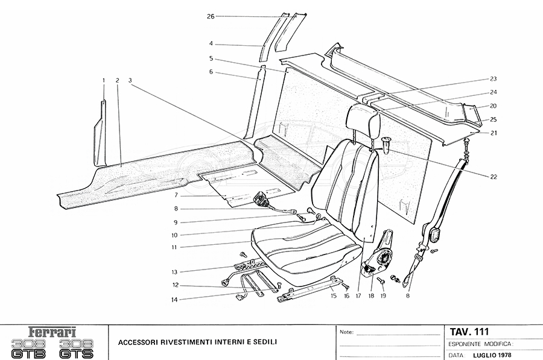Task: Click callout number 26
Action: pyautogui.click(x=211, y=16)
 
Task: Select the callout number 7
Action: pyautogui.click(x=176, y=197)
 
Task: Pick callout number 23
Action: pyautogui.click(x=493, y=79)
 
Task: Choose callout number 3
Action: pyautogui.click(x=130, y=80)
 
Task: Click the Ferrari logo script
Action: pyautogui.click(x=54, y=332)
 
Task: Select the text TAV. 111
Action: pyautogui.click(x=469, y=332)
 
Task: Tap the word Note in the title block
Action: pyautogui.click(x=346, y=332)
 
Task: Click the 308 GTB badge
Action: pyautogui.click(x=28, y=349)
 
